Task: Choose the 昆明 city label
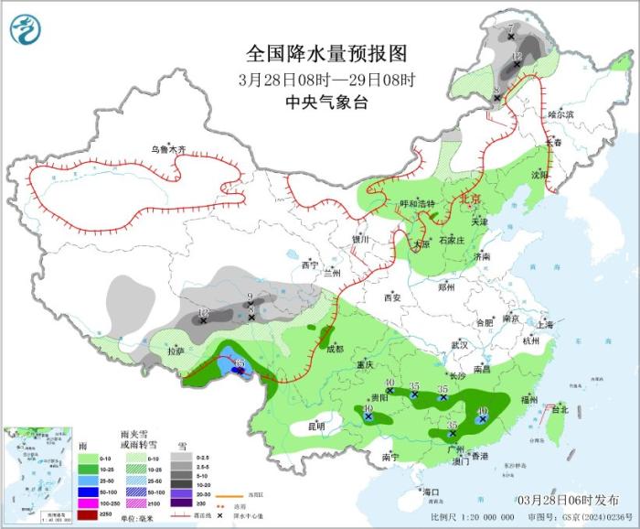pos(315,426)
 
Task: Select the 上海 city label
pos(546,324)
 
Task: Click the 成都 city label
pos(335,348)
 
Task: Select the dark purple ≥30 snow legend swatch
pos(179,503)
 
